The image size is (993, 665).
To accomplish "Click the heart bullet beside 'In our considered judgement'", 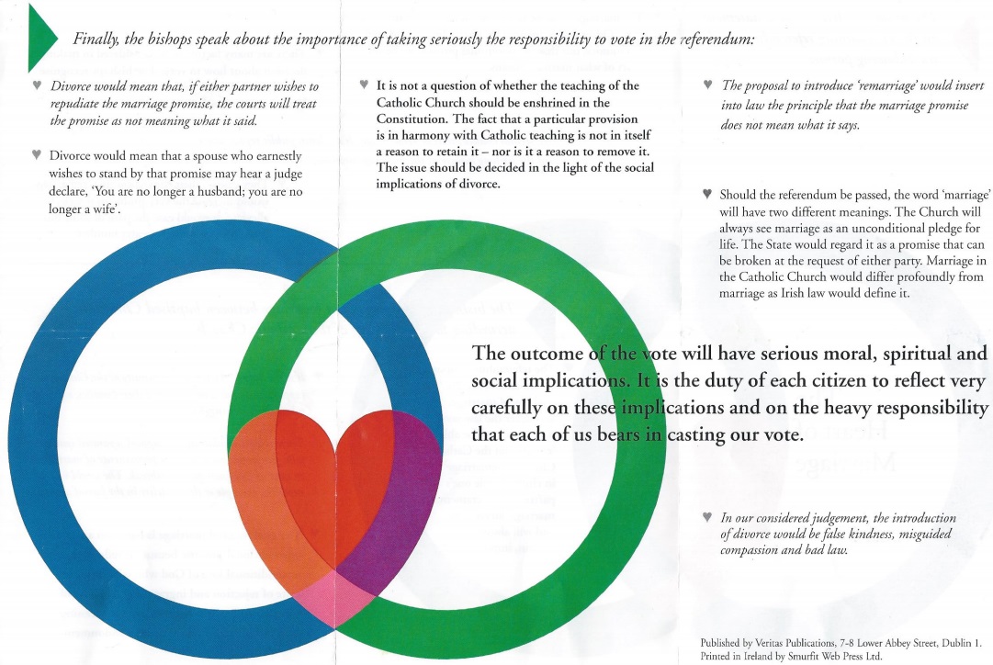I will click(x=705, y=518).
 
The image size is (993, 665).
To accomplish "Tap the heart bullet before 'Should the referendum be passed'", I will click(x=705, y=194).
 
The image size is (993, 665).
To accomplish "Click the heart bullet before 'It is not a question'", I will click(x=365, y=85).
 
